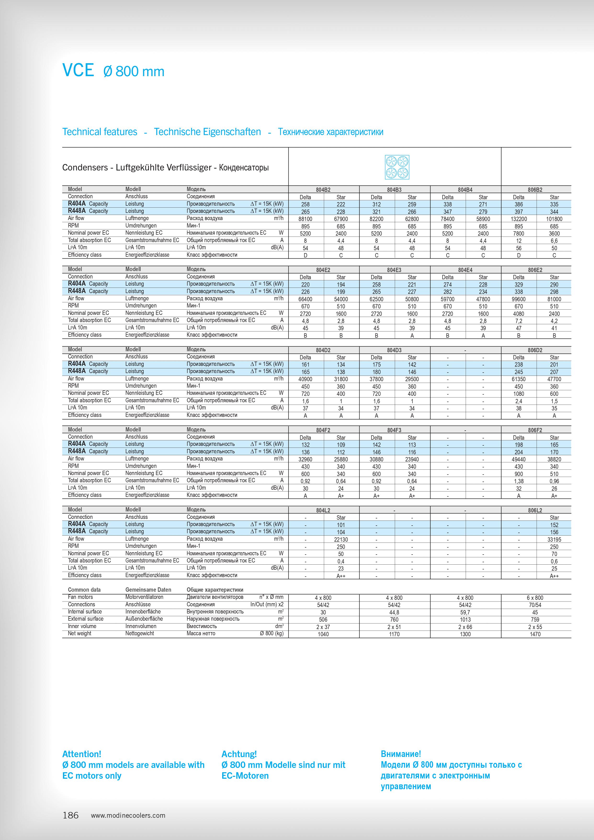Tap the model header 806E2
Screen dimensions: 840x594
pos(535,270)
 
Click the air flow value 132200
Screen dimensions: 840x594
pos(518,219)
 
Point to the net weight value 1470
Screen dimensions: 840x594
pos(535,634)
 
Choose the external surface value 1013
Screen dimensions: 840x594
pos(465,619)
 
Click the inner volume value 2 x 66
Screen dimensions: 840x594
pos(465,627)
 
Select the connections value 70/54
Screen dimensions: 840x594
pos(535,605)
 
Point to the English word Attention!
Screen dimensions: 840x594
pos(82,754)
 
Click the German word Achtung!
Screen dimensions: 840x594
pos(239,754)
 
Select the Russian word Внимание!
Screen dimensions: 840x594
pos(401,754)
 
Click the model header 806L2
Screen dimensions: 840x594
pos(535,510)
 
